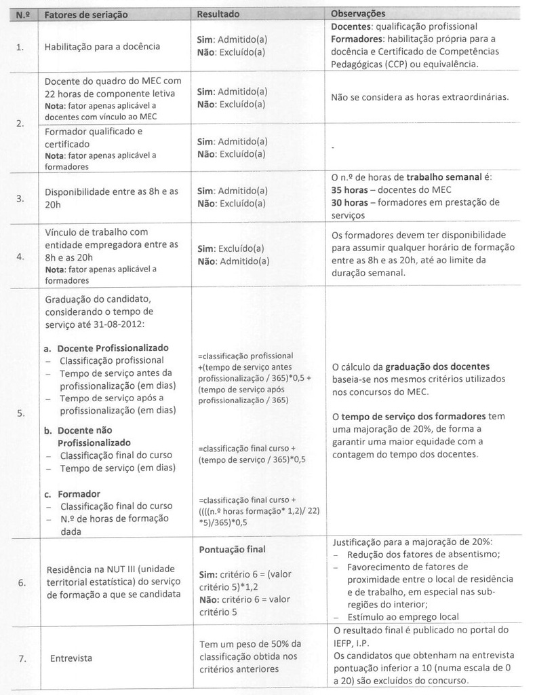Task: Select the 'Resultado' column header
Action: [x=218, y=14]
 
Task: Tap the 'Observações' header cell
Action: [x=358, y=14]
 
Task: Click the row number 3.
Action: [x=20, y=199]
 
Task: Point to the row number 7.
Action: [x=20, y=658]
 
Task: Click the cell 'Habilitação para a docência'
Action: [x=102, y=47]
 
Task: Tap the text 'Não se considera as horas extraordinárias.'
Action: [x=420, y=97]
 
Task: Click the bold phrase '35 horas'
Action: [x=351, y=190]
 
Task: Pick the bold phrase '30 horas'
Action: [x=351, y=202]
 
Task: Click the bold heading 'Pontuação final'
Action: [x=232, y=549]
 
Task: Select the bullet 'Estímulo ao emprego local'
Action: [x=403, y=616]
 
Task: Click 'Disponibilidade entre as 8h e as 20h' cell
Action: [x=111, y=198]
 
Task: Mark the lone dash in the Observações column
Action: [x=332, y=147]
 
